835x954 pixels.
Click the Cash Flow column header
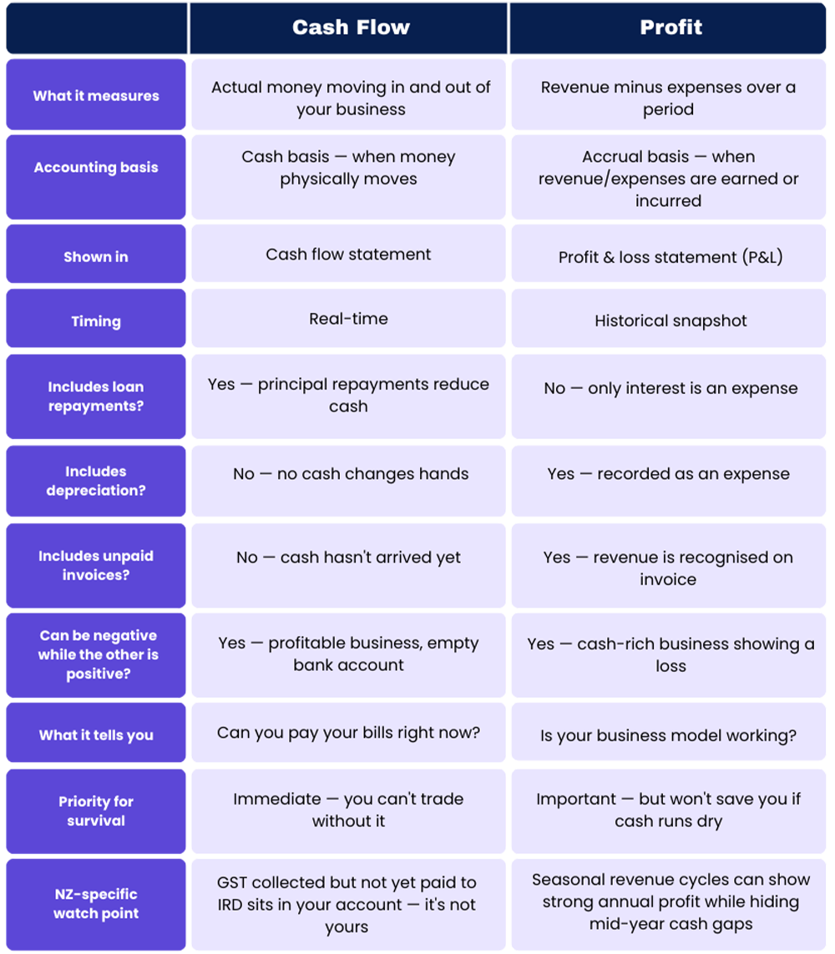click(x=351, y=28)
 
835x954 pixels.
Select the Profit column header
click(x=671, y=28)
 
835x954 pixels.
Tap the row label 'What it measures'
click(x=96, y=96)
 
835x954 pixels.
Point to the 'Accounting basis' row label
click(x=96, y=167)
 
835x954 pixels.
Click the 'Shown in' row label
click(x=96, y=256)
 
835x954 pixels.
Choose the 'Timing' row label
click(x=96, y=321)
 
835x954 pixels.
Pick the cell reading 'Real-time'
click(x=348, y=318)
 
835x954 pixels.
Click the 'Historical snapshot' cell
click(x=671, y=321)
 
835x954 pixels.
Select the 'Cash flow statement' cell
click(x=348, y=254)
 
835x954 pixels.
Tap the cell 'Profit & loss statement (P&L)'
click(x=671, y=257)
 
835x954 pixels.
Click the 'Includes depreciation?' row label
click(x=96, y=481)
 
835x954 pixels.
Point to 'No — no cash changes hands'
click(x=351, y=474)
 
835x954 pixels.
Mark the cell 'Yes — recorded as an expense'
click(x=668, y=474)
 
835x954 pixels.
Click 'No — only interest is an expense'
click(x=671, y=388)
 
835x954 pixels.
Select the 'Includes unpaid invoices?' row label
click(x=96, y=565)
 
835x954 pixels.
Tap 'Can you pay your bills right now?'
click(x=348, y=733)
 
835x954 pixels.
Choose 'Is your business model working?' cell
click(x=668, y=736)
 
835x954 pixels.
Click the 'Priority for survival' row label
click(x=96, y=810)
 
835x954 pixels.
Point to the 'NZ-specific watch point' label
click(x=96, y=903)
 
